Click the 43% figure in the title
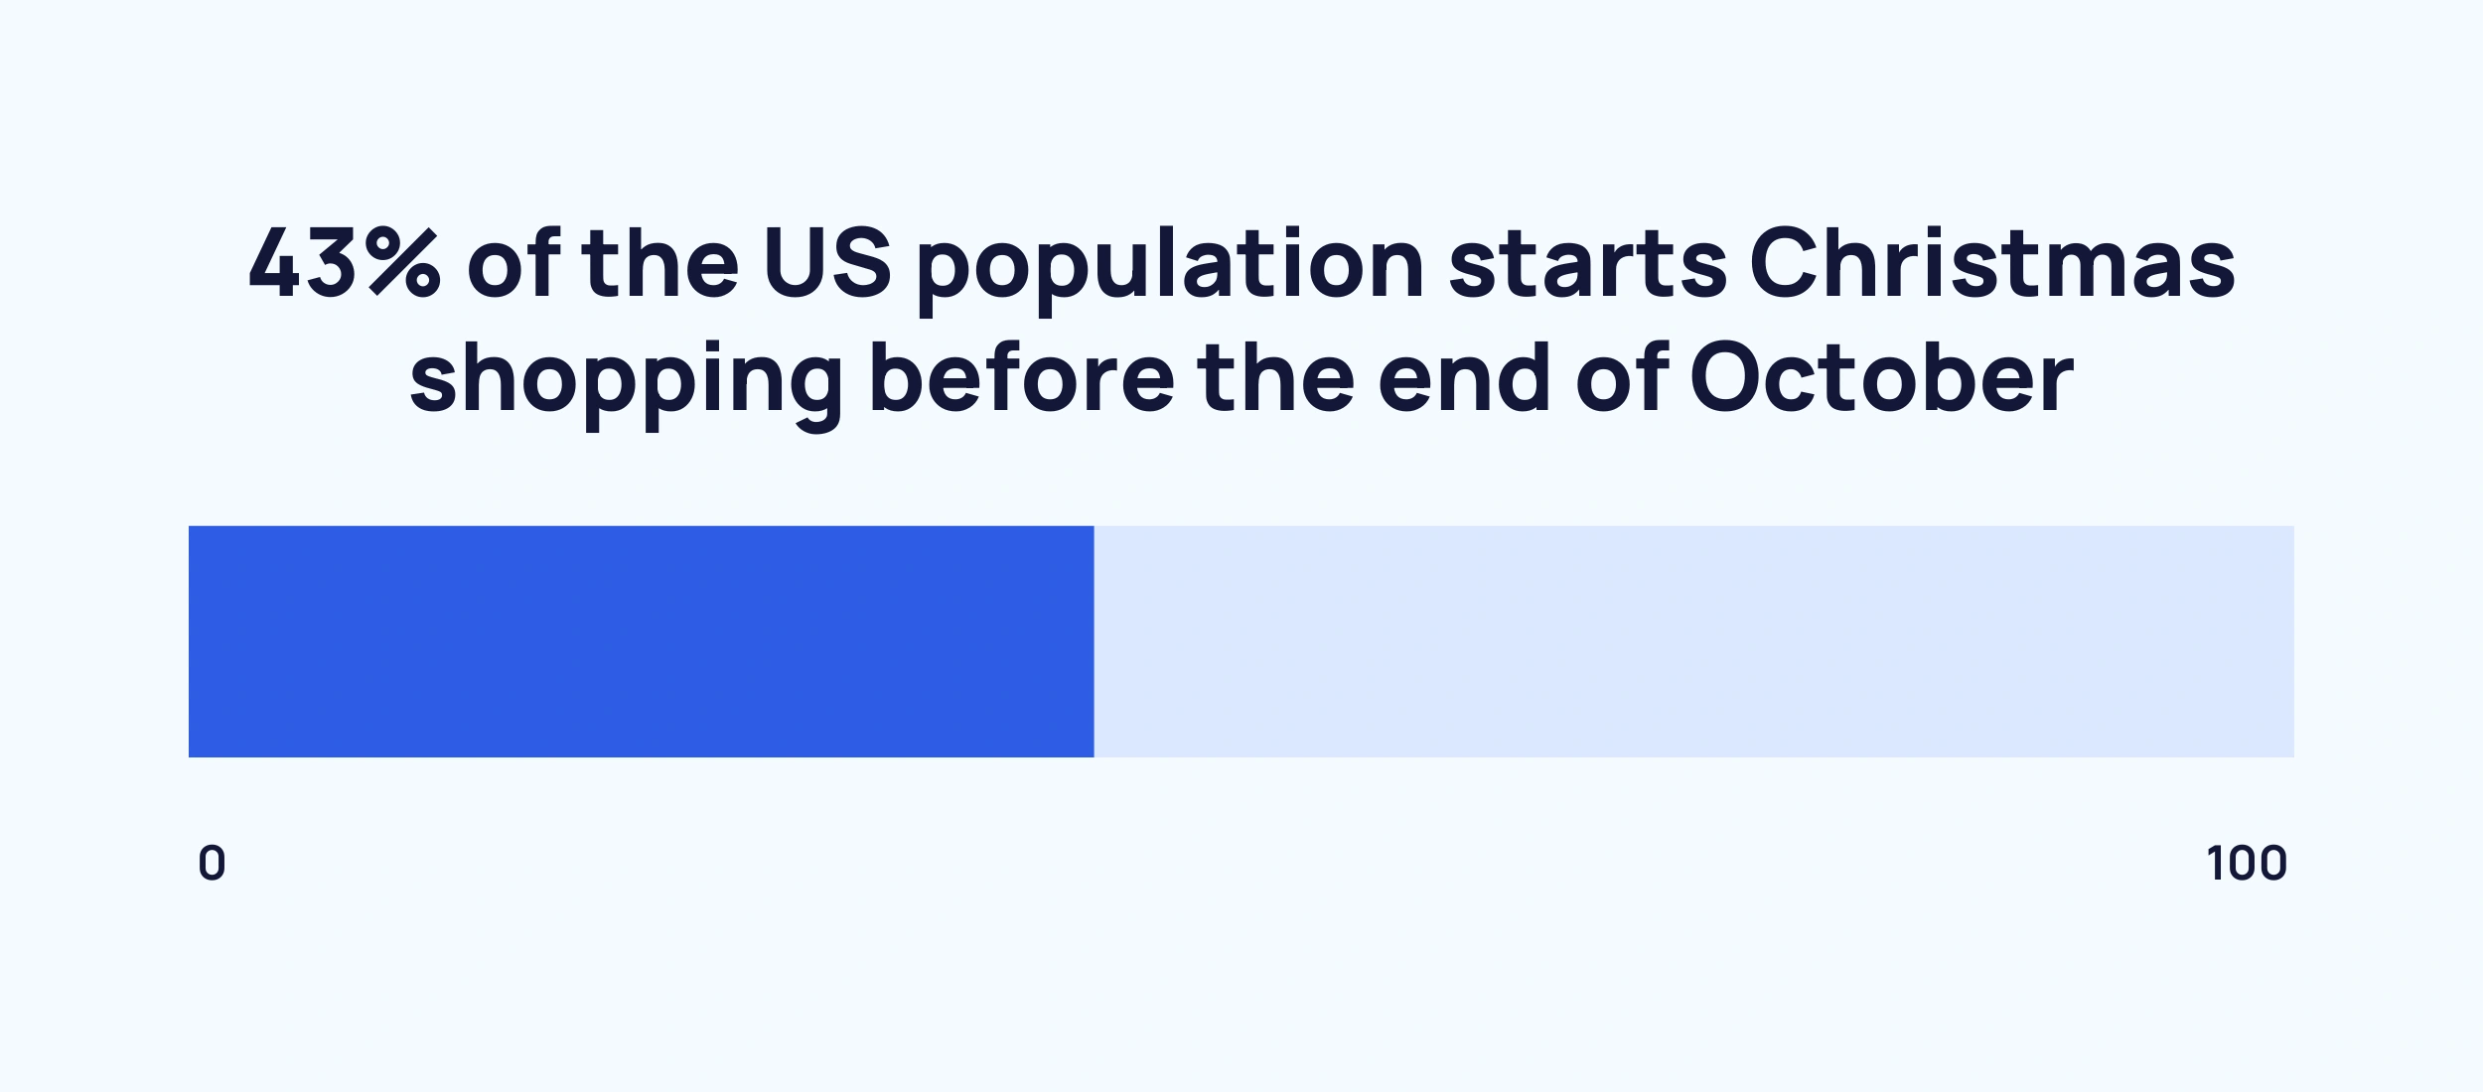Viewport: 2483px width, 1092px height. [343, 263]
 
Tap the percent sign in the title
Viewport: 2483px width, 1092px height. [405, 263]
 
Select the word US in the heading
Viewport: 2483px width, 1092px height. [826, 263]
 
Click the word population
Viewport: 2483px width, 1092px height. [1170, 268]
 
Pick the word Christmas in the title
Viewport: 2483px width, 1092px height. [1991, 263]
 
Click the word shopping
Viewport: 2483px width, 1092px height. [626, 382]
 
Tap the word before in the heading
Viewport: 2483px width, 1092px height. [1021, 377]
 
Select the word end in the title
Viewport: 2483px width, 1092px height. [1464, 377]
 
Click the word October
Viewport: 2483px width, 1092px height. [1881, 377]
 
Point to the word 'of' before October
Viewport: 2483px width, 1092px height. [1621, 377]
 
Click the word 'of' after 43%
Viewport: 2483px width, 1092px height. [513, 263]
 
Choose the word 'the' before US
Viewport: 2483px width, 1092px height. [660, 263]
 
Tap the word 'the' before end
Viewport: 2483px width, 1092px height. [1275, 377]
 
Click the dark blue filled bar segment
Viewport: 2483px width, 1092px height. [641, 641]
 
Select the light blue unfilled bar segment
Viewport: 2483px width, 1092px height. [1693, 641]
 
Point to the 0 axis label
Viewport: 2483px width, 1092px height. [212, 863]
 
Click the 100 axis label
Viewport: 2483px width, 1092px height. [2247, 863]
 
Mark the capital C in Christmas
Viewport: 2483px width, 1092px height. [1784, 263]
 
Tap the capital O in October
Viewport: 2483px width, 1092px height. [1724, 377]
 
